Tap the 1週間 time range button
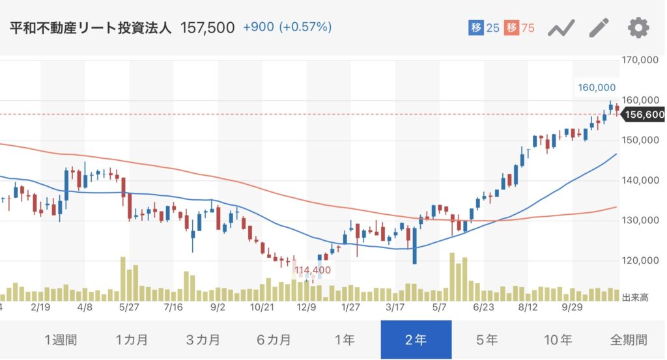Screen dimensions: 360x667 click(x=61, y=340)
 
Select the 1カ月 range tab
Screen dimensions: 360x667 click(x=132, y=340)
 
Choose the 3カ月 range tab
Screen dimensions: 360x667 click(x=203, y=340)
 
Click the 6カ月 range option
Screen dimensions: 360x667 click(x=274, y=340)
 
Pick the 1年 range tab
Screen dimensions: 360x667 click(x=345, y=340)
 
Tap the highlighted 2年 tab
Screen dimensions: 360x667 click(x=416, y=340)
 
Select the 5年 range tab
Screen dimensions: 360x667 click(x=487, y=340)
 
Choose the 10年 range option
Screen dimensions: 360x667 click(x=558, y=340)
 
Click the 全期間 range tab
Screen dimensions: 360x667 click(x=628, y=340)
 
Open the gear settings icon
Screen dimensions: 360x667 click(x=638, y=28)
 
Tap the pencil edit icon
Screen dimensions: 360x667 click(x=599, y=28)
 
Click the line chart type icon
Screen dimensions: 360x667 click(x=560, y=28)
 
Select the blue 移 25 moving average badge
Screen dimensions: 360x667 click(x=484, y=28)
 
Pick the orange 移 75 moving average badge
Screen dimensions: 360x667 click(x=519, y=28)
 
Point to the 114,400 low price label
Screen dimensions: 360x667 click(x=313, y=270)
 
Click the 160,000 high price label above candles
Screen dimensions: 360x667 click(x=596, y=87)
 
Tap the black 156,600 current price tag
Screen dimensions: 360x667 click(x=644, y=115)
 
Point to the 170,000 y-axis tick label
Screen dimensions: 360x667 click(x=642, y=61)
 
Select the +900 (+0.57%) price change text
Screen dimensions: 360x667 click(x=287, y=27)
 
